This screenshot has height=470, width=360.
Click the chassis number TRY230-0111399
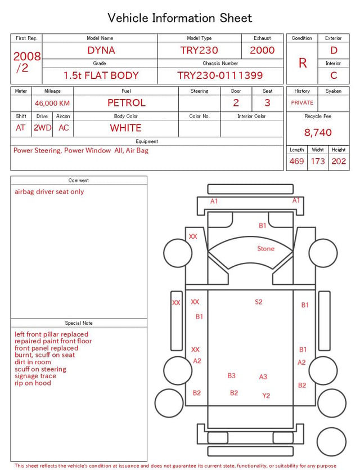coord(220,75)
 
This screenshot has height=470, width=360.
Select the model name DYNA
coord(101,50)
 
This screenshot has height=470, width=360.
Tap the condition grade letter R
coord(303,63)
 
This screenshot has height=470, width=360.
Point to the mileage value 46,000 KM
coord(52,103)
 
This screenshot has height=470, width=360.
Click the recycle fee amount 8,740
coord(318,132)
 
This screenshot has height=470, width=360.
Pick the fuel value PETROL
coord(127,103)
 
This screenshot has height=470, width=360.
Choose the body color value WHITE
coord(125,128)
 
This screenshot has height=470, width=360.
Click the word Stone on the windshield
coord(265,248)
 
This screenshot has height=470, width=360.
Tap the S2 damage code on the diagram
coord(259,302)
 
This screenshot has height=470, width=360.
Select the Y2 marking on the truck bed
coord(266,396)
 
